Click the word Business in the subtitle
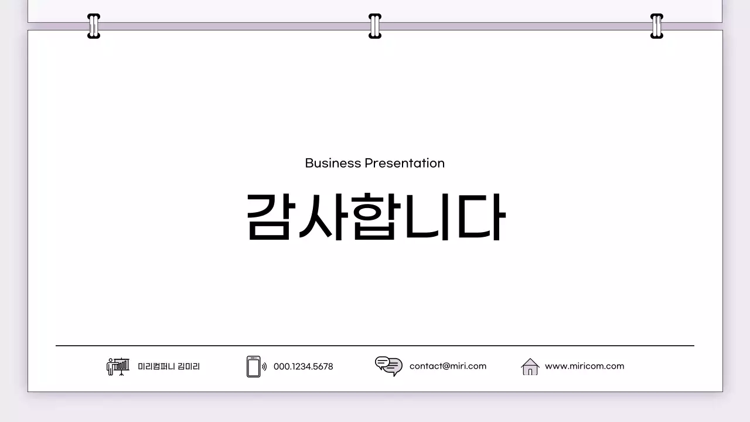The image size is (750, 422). point(333,163)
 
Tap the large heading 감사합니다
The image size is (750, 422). point(375,216)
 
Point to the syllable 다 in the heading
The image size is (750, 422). point(481,216)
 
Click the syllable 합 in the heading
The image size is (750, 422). point(375,216)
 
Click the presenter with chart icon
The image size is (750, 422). point(118,366)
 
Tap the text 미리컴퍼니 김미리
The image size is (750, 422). point(169,366)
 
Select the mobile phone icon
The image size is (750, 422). point(254,366)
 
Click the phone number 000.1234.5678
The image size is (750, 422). point(303,366)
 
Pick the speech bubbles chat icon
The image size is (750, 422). point(388,366)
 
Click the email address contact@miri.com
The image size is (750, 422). point(448,366)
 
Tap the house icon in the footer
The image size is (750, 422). point(530,366)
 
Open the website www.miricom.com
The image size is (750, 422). point(584,366)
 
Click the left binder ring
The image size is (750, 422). point(94,26)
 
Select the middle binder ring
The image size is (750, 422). point(375,26)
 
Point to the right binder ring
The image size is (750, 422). point(657,26)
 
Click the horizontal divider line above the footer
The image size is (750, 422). point(375,346)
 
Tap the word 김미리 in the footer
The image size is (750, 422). point(189,366)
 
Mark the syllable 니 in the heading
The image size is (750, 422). point(428,216)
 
